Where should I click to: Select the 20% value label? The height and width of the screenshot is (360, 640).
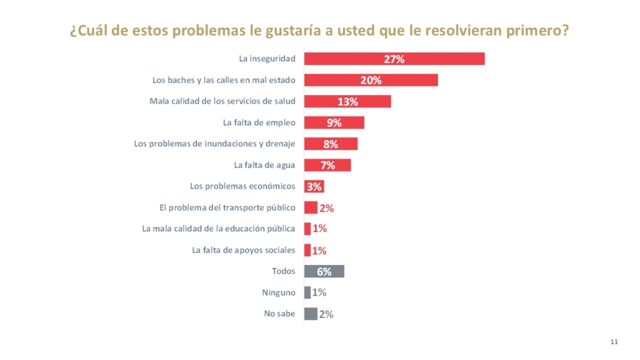point(371,80)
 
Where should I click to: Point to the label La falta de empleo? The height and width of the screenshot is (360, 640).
point(259,122)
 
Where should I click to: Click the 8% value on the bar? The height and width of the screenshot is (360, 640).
point(331,144)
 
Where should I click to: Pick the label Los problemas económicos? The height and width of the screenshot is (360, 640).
point(242,186)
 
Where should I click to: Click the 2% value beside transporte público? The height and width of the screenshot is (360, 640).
point(327,208)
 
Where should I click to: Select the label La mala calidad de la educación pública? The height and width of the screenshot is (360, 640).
point(219,229)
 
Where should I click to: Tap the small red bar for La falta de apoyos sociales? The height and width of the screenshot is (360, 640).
point(307,250)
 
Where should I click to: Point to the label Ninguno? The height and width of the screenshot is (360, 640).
point(279,292)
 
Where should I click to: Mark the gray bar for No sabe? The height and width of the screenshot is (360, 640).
point(311,314)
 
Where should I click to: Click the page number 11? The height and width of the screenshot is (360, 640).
point(614,341)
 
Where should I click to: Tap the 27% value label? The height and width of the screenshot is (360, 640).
point(394,59)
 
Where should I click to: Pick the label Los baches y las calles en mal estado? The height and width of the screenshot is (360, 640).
point(224,80)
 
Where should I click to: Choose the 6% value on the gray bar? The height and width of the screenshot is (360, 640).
point(324,272)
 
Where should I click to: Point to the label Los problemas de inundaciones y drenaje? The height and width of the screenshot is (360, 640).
point(214,144)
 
